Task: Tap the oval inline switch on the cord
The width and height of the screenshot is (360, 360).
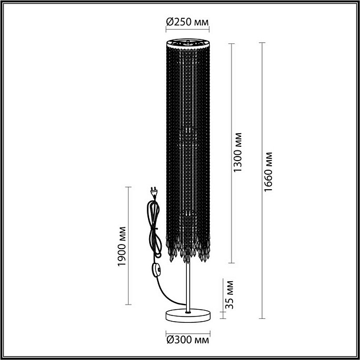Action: (155, 271)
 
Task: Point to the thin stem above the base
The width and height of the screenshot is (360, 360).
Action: (188, 286)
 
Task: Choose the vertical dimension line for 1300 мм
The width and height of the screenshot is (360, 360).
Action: (230, 154)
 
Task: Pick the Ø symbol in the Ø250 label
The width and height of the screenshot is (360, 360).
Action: (170, 22)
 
